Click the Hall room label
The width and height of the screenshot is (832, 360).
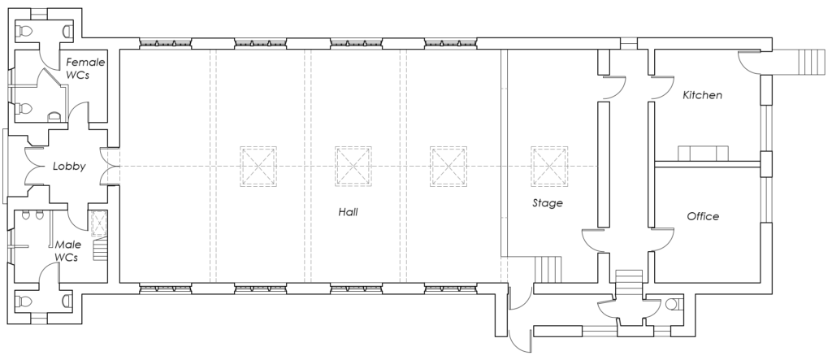[348, 212]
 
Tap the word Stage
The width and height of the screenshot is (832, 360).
[548, 203]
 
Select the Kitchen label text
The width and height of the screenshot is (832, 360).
[702, 96]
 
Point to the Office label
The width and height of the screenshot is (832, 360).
[703, 217]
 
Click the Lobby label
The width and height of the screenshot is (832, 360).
[69, 167]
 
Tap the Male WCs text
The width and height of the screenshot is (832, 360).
[68, 251]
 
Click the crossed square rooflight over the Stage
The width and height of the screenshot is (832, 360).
[549, 167]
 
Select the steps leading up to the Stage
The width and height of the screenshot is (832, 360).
[548, 269]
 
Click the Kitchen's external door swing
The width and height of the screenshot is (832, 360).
[749, 63]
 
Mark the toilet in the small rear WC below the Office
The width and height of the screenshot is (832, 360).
[672, 304]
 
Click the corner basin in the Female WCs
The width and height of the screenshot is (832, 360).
[54, 117]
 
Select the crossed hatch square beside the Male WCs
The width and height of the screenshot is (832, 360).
[99, 223]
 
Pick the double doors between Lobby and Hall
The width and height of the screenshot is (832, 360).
[110, 167]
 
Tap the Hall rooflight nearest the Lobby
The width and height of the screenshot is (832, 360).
[258, 167]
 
